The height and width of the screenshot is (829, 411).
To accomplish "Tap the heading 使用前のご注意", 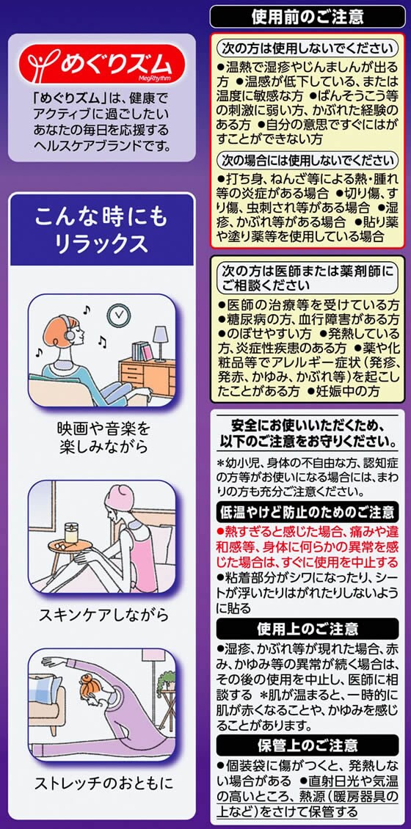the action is click(x=308, y=17).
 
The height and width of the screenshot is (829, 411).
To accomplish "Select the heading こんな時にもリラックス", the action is click(x=101, y=230).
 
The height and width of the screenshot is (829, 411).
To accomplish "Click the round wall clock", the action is click(x=118, y=315).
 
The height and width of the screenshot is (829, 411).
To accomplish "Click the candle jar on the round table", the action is click(x=71, y=533).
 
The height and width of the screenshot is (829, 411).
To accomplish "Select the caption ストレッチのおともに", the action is click(x=103, y=783).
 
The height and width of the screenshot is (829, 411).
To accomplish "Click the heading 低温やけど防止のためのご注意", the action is click(x=308, y=512).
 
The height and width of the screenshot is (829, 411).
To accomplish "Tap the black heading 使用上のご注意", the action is click(x=308, y=629).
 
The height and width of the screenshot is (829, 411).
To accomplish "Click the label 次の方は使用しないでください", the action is click(x=308, y=48).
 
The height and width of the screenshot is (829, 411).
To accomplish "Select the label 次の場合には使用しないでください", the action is click(x=308, y=160).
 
